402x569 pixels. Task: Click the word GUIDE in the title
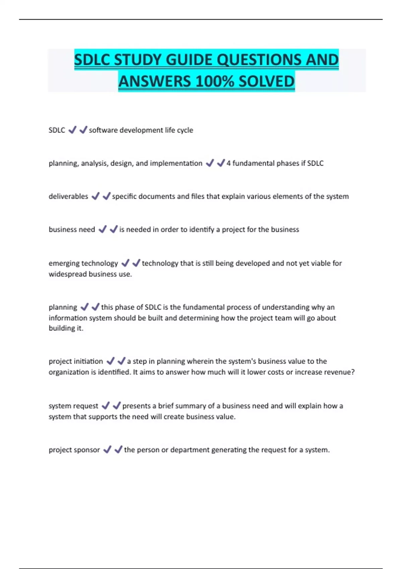(189, 60)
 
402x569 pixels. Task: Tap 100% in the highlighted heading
(214, 82)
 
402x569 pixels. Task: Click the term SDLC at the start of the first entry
(57, 130)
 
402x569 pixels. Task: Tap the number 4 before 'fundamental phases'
(228, 163)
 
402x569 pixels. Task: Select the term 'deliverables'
(68, 196)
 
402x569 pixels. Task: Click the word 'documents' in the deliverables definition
(156, 196)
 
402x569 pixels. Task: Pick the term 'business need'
(72, 230)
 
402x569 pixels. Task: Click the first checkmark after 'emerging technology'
(125, 263)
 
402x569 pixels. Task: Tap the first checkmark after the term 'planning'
(84, 307)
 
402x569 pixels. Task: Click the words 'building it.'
(66, 328)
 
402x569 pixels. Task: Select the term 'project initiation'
(76, 361)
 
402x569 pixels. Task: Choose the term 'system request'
(73, 406)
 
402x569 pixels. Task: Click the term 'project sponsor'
(74, 450)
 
